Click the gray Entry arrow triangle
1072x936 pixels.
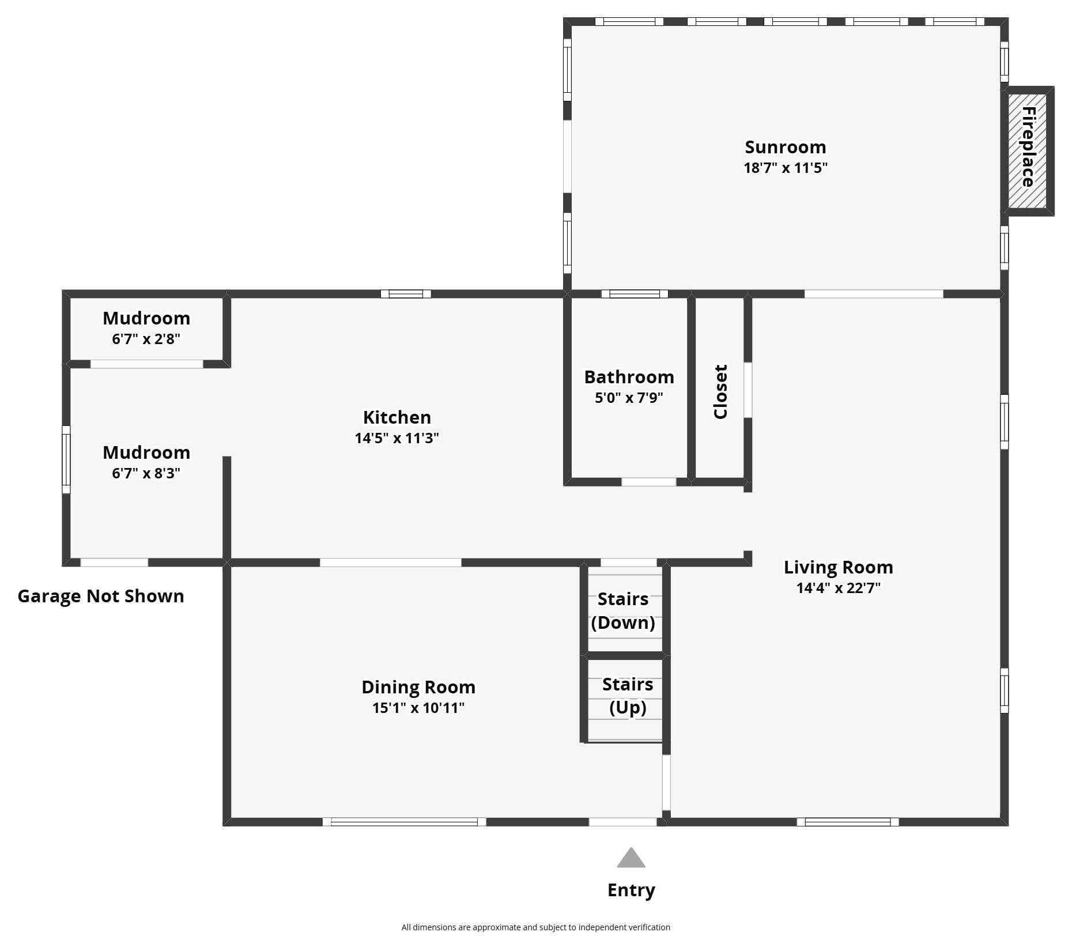coord(631,859)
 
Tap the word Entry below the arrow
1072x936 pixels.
coord(631,890)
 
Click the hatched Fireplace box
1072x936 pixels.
coord(1028,150)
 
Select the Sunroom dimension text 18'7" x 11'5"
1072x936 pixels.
coord(786,168)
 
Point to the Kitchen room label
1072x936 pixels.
coord(397,417)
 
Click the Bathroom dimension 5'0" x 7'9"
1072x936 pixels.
coord(629,398)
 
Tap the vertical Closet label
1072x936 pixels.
coord(720,391)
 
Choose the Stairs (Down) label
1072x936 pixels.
coord(623,611)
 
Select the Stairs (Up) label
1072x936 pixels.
coord(628,696)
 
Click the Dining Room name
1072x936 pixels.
coord(418,687)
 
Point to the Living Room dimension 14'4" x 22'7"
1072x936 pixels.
coord(839,588)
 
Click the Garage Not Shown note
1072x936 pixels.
coord(101,596)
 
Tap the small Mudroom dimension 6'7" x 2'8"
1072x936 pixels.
coord(146,339)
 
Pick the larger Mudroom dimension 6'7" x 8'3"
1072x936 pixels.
coord(146,473)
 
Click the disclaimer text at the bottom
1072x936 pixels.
coord(535,927)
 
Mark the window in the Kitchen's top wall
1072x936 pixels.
coord(406,294)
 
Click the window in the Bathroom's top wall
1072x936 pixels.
coord(635,294)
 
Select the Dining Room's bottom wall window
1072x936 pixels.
coord(404,822)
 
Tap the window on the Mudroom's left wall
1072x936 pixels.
coord(66,459)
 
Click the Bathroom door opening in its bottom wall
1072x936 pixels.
coord(648,482)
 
